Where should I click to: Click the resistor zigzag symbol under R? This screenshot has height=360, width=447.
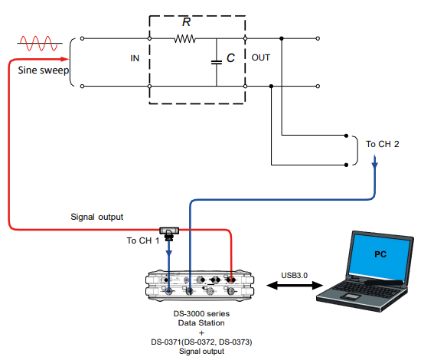coord(184,38)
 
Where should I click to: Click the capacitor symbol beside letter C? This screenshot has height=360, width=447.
coord(216,62)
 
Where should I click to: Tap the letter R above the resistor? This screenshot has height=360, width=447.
coord(186,22)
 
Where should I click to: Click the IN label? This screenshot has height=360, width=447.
coord(135,57)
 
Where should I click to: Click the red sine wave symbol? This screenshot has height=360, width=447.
coord(40,41)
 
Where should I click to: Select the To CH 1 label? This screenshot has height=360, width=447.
coord(142,241)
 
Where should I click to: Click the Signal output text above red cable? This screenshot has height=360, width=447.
coord(96,217)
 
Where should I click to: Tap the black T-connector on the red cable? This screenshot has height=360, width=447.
coord(168,230)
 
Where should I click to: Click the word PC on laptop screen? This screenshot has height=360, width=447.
coord(380,253)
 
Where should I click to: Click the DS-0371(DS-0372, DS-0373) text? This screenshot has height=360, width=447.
coord(201,342)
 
